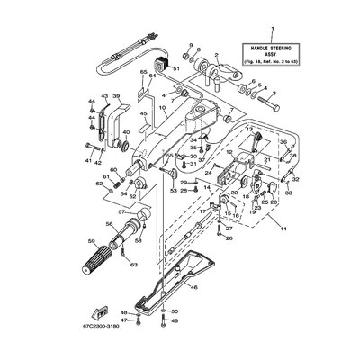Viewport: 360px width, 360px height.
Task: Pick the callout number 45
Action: pos(142,114)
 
